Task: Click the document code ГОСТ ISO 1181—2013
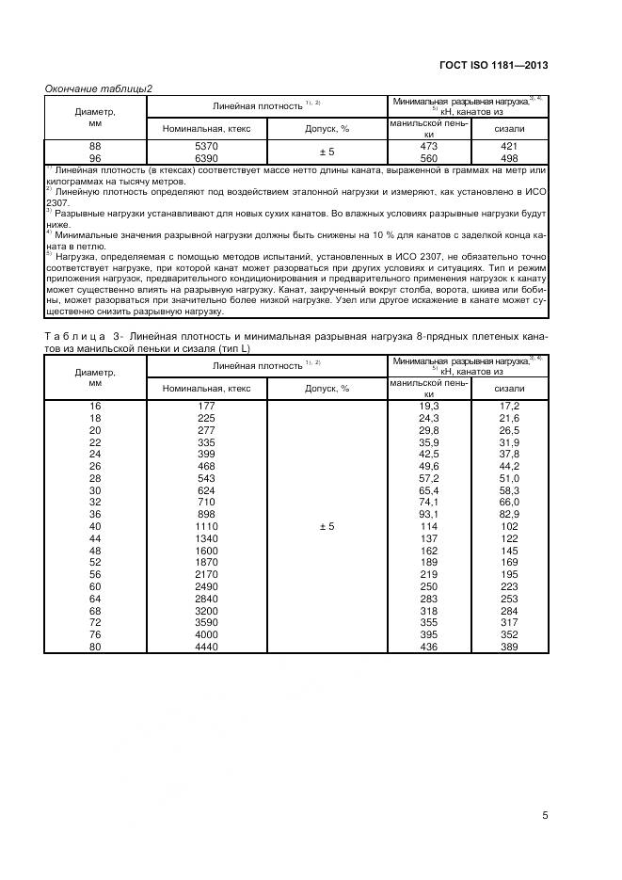click(493, 65)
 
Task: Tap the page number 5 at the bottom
click(545, 815)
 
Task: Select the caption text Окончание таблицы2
click(99, 88)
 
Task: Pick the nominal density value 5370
click(206, 147)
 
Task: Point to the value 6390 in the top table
click(206, 158)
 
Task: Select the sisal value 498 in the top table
click(509, 158)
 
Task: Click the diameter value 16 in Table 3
click(94, 405)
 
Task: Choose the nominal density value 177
click(206, 405)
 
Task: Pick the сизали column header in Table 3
click(509, 388)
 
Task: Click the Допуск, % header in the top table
click(327, 128)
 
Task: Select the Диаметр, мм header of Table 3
click(94, 377)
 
